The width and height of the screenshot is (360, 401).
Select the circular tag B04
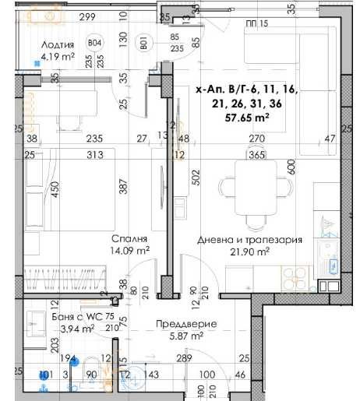click(x=96, y=44)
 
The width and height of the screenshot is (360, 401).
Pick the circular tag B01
click(x=143, y=44)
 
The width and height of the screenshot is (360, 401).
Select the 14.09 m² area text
click(x=130, y=251)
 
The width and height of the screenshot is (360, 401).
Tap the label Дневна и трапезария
click(x=249, y=241)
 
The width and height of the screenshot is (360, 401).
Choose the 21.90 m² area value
click(x=249, y=252)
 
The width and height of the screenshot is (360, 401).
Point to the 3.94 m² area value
click(x=78, y=329)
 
